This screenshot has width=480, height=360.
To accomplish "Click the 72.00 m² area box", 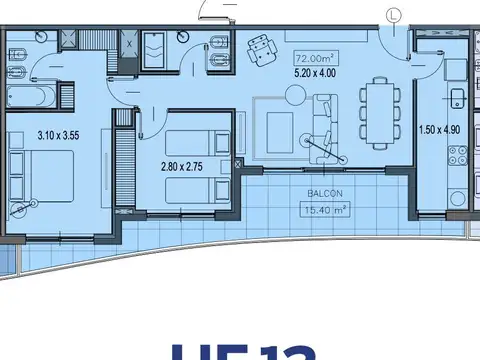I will tap(313, 56).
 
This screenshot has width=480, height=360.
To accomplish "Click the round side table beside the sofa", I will tap(296, 95).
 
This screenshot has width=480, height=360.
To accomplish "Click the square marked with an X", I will tap(130, 43).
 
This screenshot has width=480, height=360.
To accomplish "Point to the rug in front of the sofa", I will tap(279, 126).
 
